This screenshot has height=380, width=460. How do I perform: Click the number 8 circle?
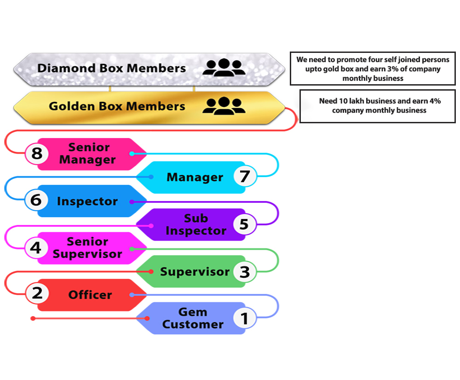(37, 154)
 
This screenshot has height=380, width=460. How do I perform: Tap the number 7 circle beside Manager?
(244, 177)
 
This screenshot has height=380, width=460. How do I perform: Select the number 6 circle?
(36, 201)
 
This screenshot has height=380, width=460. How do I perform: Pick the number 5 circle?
(244, 224)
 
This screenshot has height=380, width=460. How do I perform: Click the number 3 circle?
(244, 271)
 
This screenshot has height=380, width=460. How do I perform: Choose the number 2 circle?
(37, 294)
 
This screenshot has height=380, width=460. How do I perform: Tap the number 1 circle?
(244, 318)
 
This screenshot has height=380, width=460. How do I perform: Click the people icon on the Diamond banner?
(224, 68)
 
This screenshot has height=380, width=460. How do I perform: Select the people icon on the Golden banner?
(224, 106)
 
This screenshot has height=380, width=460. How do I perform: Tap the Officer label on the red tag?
(90, 295)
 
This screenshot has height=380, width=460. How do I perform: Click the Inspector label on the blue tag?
(87, 201)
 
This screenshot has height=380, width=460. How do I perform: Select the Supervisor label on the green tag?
(195, 272)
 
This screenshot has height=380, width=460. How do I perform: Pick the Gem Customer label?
(193, 318)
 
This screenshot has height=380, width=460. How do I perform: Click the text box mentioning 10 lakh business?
(378, 106)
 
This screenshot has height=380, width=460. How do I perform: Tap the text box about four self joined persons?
(373, 69)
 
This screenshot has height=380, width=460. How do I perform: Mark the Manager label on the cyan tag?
(195, 177)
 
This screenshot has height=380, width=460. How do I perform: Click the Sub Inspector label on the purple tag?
(196, 225)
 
